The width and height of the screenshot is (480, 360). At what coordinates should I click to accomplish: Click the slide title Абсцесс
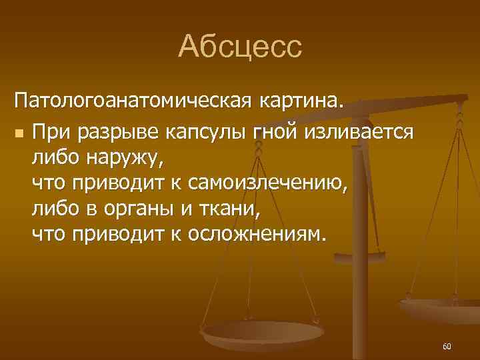pos(240,47)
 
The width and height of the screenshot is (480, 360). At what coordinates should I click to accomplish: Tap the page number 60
pos(447,347)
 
